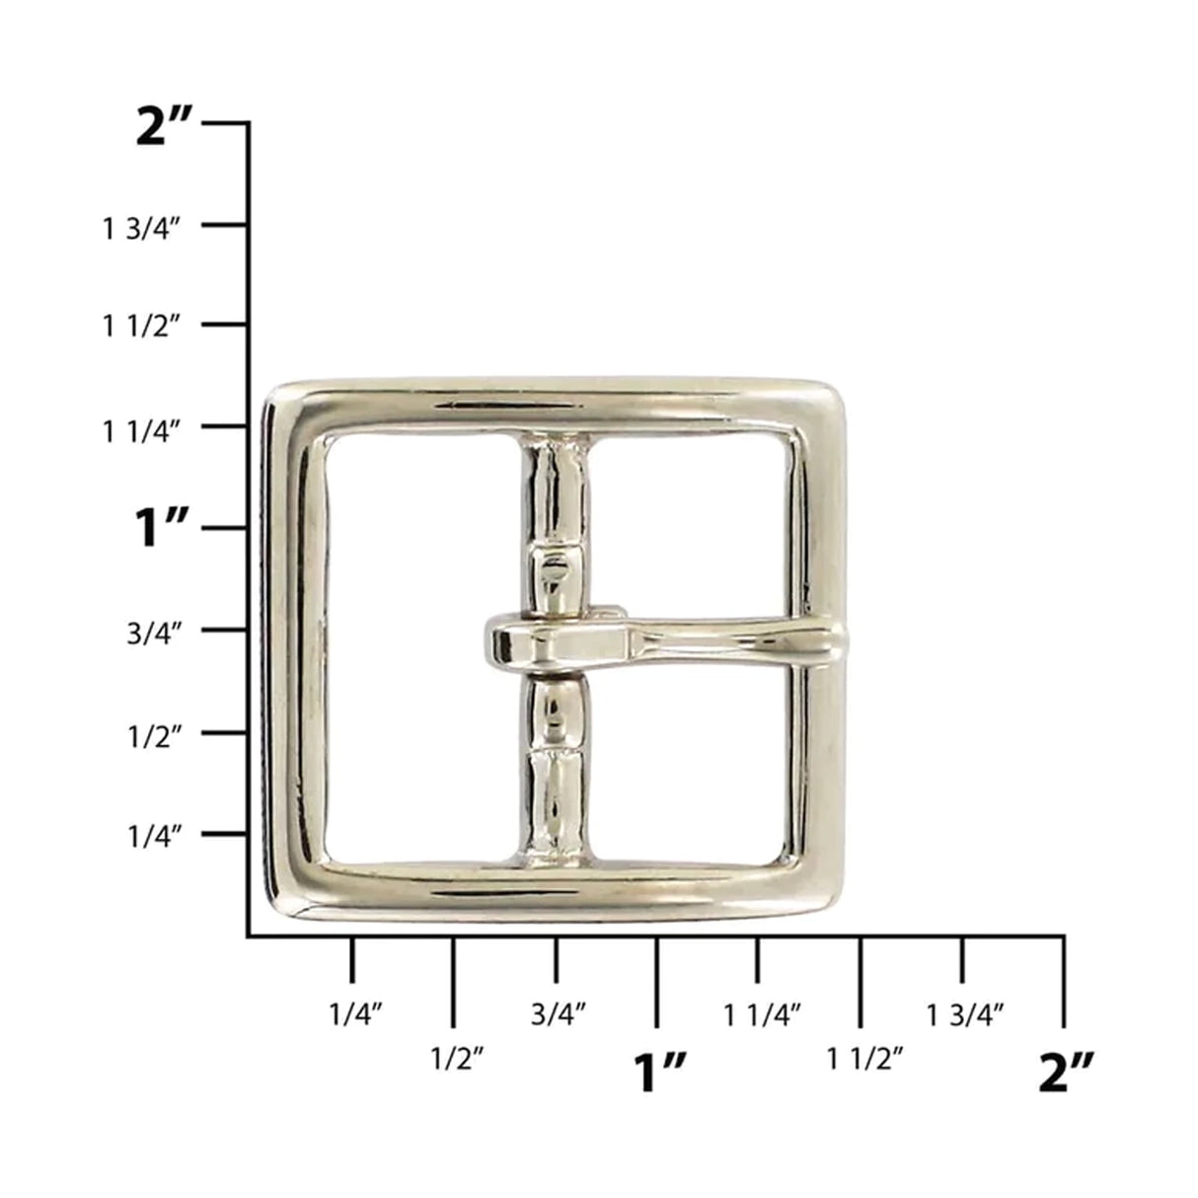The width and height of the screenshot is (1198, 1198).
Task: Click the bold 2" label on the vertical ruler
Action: [x=167, y=128]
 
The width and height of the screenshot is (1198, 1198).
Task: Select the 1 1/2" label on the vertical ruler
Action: [x=143, y=328]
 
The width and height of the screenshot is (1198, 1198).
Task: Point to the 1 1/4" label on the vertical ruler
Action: [x=143, y=430]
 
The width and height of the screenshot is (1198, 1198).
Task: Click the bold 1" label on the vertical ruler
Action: [x=161, y=529]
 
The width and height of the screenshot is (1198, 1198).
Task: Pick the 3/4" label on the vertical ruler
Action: [x=156, y=634]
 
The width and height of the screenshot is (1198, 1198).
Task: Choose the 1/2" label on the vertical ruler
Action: [x=156, y=735]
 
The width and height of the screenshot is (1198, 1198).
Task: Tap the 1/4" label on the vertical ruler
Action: [x=156, y=838]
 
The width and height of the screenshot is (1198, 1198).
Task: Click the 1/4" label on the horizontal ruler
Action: [x=354, y=1012]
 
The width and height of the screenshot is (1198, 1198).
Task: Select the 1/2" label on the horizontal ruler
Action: [x=456, y=1060]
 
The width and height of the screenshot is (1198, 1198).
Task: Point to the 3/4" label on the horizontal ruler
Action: [x=559, y=1012]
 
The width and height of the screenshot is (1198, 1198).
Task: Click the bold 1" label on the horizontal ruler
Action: [x=660, y=1072]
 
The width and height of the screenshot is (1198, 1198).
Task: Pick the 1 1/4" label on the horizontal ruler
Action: [x=762, y=1012]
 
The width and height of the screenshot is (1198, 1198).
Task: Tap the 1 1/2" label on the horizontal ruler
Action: [x=864, y=1060]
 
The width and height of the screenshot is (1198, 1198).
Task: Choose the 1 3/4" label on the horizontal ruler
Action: [x=965, y=1012]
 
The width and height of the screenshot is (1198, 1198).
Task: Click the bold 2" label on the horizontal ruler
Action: [x=1067, y=1072]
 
